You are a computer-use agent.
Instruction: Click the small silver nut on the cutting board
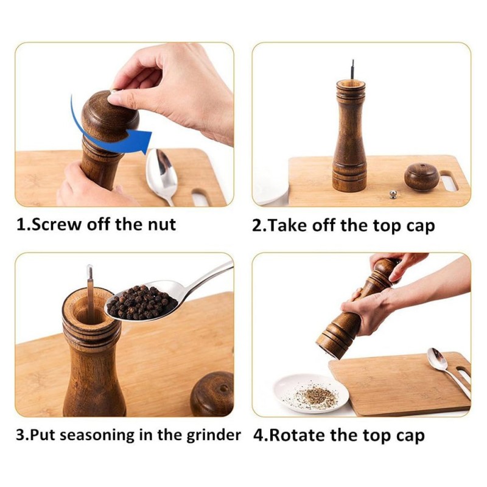coord(393,194)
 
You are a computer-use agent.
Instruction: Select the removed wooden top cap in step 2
coord(422,177)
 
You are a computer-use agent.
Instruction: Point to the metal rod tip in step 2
coord(353,61)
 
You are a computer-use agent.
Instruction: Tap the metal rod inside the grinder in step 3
coord(90,292)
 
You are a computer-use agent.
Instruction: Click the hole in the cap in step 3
coord(223,388)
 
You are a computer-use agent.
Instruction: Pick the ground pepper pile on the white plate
coord(317,396)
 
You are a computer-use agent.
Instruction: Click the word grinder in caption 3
coord(214,436)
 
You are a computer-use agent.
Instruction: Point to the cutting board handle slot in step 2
coord(449,181)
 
